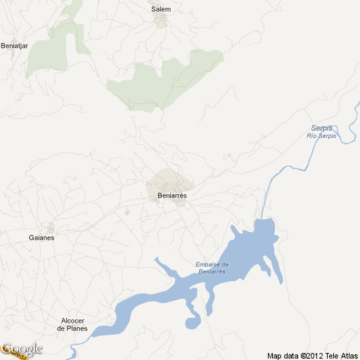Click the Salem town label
[x=161, y=9]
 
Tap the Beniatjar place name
[x=13, y=46]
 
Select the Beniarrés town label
[x=172, y=196]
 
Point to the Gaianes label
[x=41, y=238]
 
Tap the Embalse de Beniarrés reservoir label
[x=212, y=267]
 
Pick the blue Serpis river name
[x=321, y=127]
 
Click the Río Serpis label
[x=321, y=135]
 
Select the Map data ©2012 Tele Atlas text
[x=312, y=355]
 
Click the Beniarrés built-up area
[x=167, y=181]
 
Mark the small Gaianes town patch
[x=49, y=227]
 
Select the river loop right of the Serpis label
[x=347, y=134]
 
